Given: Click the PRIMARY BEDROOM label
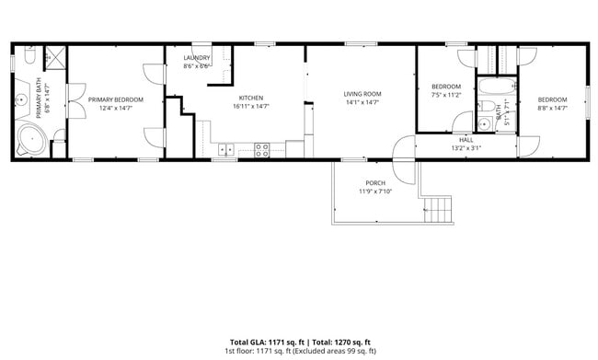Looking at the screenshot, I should click(115, 99).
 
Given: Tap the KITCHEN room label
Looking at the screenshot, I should click(251, 98).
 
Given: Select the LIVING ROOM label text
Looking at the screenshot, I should click(362, 94).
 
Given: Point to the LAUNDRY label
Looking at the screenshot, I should click(197, 58).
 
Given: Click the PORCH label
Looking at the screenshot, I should click(375, 182).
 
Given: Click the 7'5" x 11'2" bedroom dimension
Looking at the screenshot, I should click(445, 94).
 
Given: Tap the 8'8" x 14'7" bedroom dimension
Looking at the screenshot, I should click(552, 108).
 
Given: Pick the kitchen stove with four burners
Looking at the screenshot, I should click(262, 147).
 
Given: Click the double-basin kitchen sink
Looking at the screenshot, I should click(228, 147).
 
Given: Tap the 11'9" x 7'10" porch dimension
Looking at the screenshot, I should click(375, 192).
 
